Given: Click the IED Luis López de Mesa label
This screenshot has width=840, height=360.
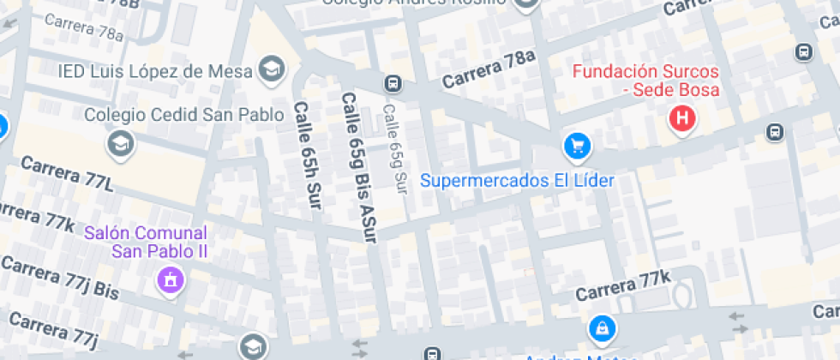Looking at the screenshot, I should point(154,70).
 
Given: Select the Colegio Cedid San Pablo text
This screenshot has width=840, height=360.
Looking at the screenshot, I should point(183,115).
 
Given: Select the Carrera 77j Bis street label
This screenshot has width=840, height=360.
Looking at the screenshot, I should point(60,276).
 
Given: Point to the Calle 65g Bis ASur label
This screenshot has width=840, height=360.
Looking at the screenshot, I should point(359,165).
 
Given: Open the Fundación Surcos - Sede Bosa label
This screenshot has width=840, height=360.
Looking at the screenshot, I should point(645,80).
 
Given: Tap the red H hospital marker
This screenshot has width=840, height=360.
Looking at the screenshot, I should point(682,118).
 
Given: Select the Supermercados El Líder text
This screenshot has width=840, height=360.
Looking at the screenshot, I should point(518,181).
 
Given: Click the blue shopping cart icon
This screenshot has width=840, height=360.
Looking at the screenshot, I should point(578,145).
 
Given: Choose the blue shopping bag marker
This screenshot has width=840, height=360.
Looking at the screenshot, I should point(603,328).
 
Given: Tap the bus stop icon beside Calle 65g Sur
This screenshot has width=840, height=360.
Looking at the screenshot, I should point(393,84).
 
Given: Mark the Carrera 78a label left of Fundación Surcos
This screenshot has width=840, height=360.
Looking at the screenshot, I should point(489,70).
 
